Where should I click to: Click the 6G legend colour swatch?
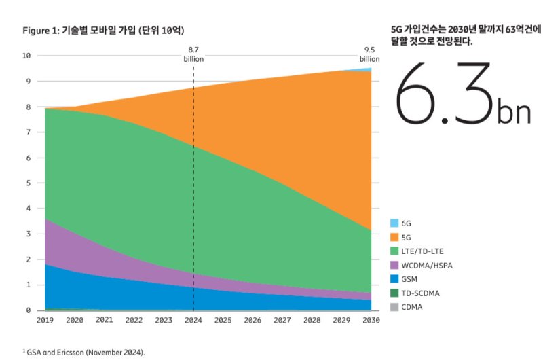point(394,223)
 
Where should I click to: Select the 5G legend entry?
point(406,238)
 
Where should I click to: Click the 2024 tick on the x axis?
point(194,319)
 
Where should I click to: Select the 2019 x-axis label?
point(45,319)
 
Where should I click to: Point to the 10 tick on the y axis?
point(26,56)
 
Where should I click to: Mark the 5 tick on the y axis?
point(28,183)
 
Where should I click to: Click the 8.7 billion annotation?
point(193,54)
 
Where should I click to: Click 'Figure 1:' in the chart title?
point(42,31)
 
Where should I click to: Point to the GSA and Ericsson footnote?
point(85,352)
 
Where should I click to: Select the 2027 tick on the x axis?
point(282,319)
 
